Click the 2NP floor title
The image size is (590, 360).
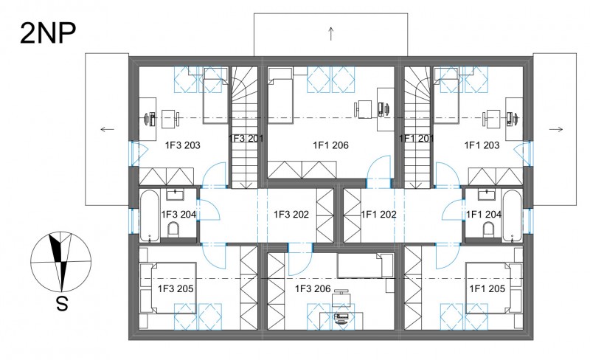click(48, 33)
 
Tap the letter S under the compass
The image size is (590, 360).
click(62, 303)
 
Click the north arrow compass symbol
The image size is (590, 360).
click(61, 262)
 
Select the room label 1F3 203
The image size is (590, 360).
click(182, 145)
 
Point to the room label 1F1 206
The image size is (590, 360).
click(330, 145)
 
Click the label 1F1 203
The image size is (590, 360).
click(482, 145)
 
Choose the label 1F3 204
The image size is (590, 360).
click(178, 215)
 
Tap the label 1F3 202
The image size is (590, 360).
click(291, 215)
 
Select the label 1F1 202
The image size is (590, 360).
click(378, 215)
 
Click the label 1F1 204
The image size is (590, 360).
click(484, 215)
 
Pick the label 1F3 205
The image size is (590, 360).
click(176, 289)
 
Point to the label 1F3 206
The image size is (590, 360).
click(313, 289)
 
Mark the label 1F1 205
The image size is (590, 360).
click(487, 289)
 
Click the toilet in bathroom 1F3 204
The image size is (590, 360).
click(173, 229)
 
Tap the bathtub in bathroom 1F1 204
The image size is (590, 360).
click(512, 215)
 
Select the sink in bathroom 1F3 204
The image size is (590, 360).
click(175, 195)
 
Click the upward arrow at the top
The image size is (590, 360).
click(330, 33)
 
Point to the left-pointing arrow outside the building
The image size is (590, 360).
click(107, 130)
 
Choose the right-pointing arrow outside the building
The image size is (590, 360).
click(556, 130)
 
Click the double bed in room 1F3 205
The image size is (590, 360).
click(168, 288)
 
